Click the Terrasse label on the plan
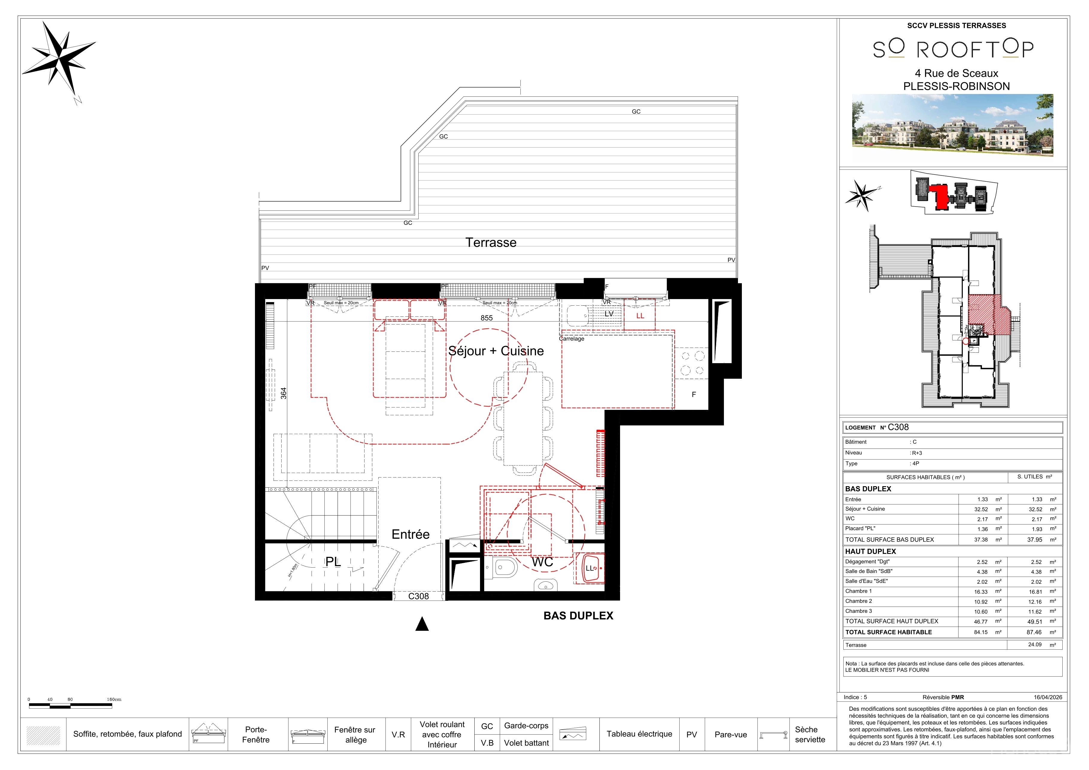[x=491, y=242]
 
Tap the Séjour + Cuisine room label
[x=496, y=351]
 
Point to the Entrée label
[x=411, y=534]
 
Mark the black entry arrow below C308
[x=422, y=624]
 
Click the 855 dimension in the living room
[x=487, y=318]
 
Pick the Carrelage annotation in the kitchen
[x=572, y=339]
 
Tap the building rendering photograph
[x=953, y=125]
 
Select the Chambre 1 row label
[x=859, y=591]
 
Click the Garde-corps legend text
[x=526, y=726]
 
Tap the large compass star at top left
[x=59, y=58]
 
